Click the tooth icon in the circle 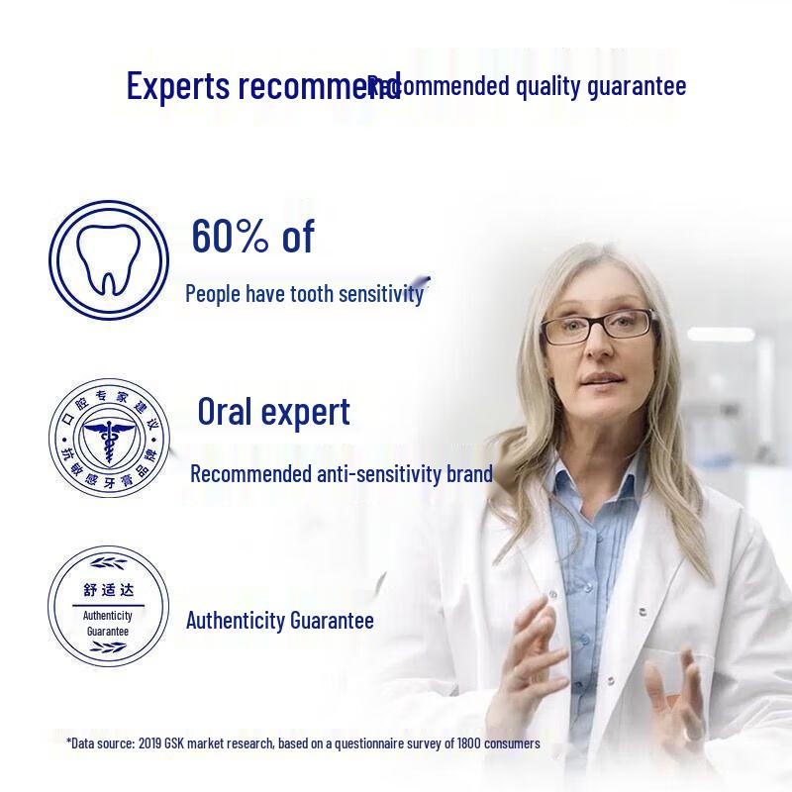click(x=108, y=260)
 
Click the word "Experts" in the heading click(x=179, y=86)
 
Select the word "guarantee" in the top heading click(x=637, y=86)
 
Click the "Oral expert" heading click(x=273, y=411)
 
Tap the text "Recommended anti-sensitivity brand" click(x=341, y=473)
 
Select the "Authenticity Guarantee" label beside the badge click(x=280, y=621)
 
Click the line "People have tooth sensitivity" click(x=304, y=293)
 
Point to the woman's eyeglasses click(x=598, y=325)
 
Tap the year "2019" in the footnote click(x=152, y=742)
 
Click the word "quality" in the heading click(x=549, y=86)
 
